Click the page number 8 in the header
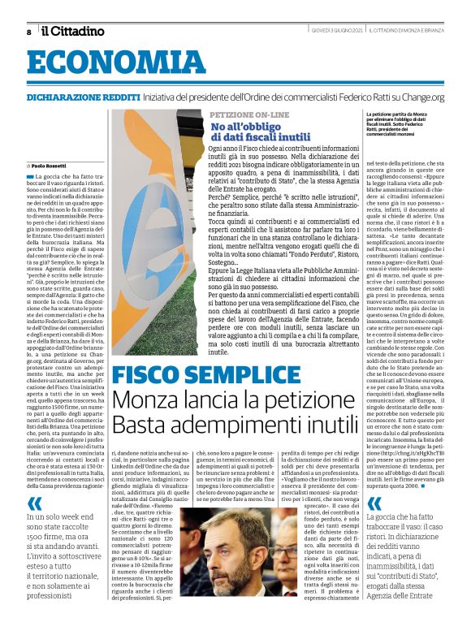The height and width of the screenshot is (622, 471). [x=28, y=32]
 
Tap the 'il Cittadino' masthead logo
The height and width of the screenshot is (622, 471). [x=73, y=31]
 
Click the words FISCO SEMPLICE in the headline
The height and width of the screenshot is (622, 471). [x=197, y=376]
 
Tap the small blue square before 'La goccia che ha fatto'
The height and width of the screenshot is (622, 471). [x=29, y=176]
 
